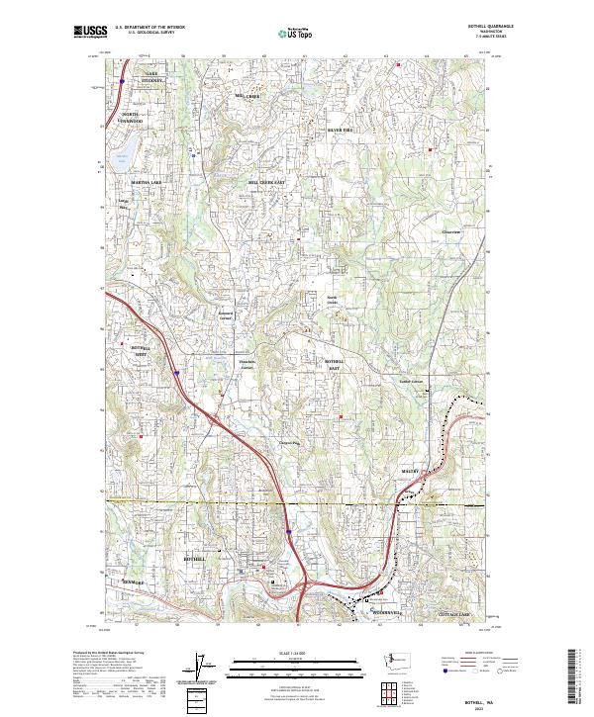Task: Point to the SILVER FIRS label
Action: point(340,130)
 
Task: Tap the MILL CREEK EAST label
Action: point(266,183)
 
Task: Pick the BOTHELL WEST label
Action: point(145,350)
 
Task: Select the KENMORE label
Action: point(133,583)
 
